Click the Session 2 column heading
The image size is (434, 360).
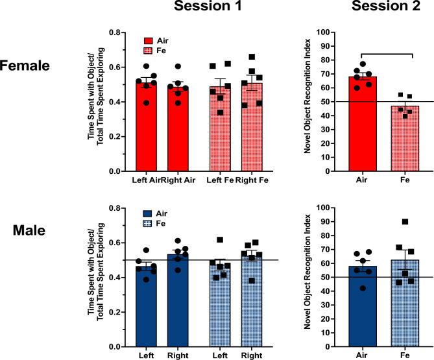[x=372, y=8]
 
